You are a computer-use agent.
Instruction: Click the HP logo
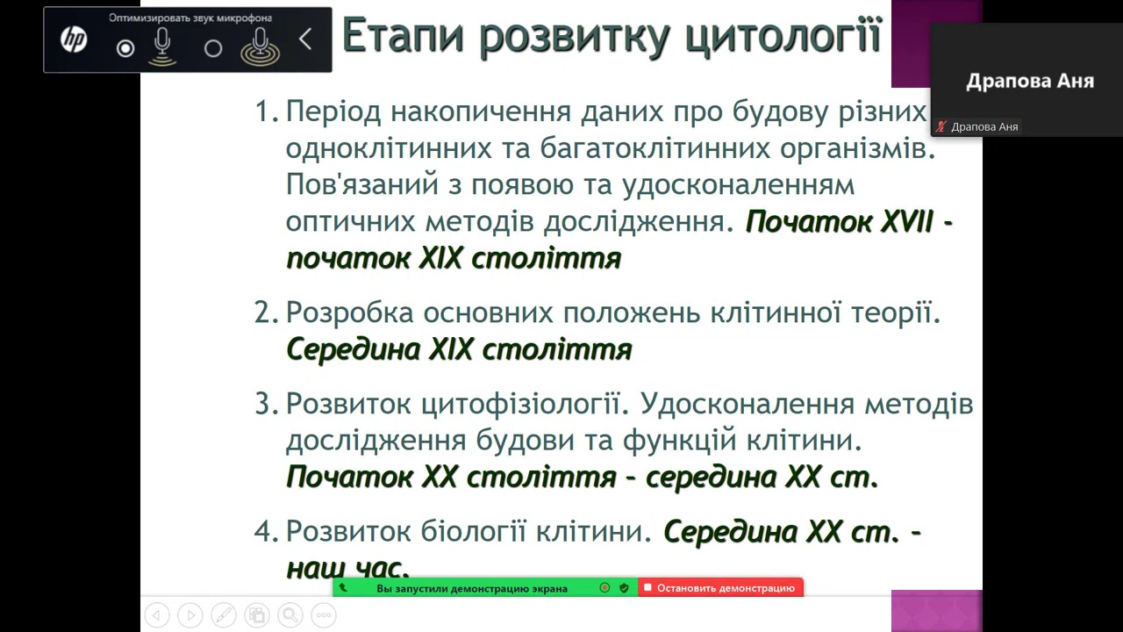click(74, 39)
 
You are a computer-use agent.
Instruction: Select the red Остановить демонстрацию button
click(720, 588)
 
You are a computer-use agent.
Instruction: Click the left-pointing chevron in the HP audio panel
click(305, 39)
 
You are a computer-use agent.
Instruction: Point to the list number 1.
click(266, 111)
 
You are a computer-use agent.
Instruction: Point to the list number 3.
click(266, 404)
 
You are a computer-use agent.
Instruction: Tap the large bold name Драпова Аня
click(1030, 82)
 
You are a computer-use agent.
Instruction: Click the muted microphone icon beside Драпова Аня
click(941, 127)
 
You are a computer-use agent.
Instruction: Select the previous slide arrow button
click(157, 615)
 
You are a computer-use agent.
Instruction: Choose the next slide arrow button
click(190, 615)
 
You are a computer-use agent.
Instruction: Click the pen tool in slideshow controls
click(224, 615)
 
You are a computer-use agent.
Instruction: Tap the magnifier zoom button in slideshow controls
click(290, 615)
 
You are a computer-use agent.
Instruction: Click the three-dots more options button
click(324, 615)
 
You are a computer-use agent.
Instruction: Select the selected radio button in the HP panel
click(125, 48)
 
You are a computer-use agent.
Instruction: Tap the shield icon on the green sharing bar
click(624, 588)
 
